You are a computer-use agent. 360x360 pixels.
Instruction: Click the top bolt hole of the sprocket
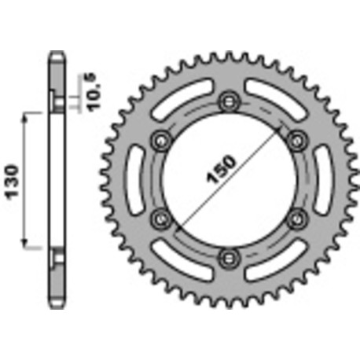230,100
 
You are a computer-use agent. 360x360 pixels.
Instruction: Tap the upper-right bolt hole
296,139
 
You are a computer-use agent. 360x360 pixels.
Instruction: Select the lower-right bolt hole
296,216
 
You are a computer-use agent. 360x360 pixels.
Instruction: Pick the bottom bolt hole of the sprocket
230,255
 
